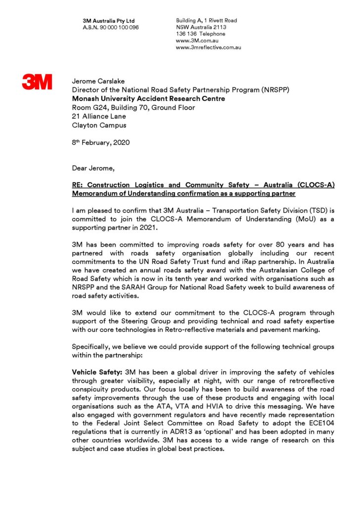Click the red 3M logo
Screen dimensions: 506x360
37,82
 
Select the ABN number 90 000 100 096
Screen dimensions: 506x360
119,27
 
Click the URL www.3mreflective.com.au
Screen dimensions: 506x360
208,47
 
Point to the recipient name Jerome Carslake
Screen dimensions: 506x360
98,81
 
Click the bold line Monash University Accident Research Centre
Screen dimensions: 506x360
148,98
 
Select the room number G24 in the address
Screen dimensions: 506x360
100,107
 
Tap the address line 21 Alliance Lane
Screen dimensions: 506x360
99,116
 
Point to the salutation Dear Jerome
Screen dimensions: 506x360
93,169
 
